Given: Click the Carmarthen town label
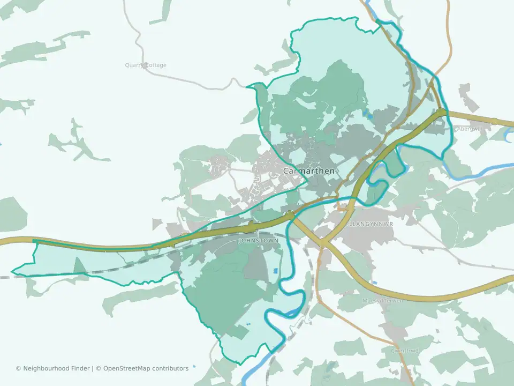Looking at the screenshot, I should tap(309, 171).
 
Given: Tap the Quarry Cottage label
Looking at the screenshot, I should tap(146, 65).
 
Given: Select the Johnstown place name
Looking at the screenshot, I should tap(258, 241).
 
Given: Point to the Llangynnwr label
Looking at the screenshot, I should tap(371, 223).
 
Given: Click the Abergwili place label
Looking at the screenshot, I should tap(470, 129).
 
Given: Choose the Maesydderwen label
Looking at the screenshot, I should tap(382, 300).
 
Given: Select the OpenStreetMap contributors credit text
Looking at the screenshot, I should tap(146, 368).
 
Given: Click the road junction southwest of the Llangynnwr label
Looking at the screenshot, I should tap(323, 242).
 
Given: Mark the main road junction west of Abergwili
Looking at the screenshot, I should tap(441, 112).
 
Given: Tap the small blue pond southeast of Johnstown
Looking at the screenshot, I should tap(276, 271).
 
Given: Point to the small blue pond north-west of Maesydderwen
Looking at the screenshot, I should tap(374, 283).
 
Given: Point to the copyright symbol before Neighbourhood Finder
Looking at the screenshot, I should tap(18, 368).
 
